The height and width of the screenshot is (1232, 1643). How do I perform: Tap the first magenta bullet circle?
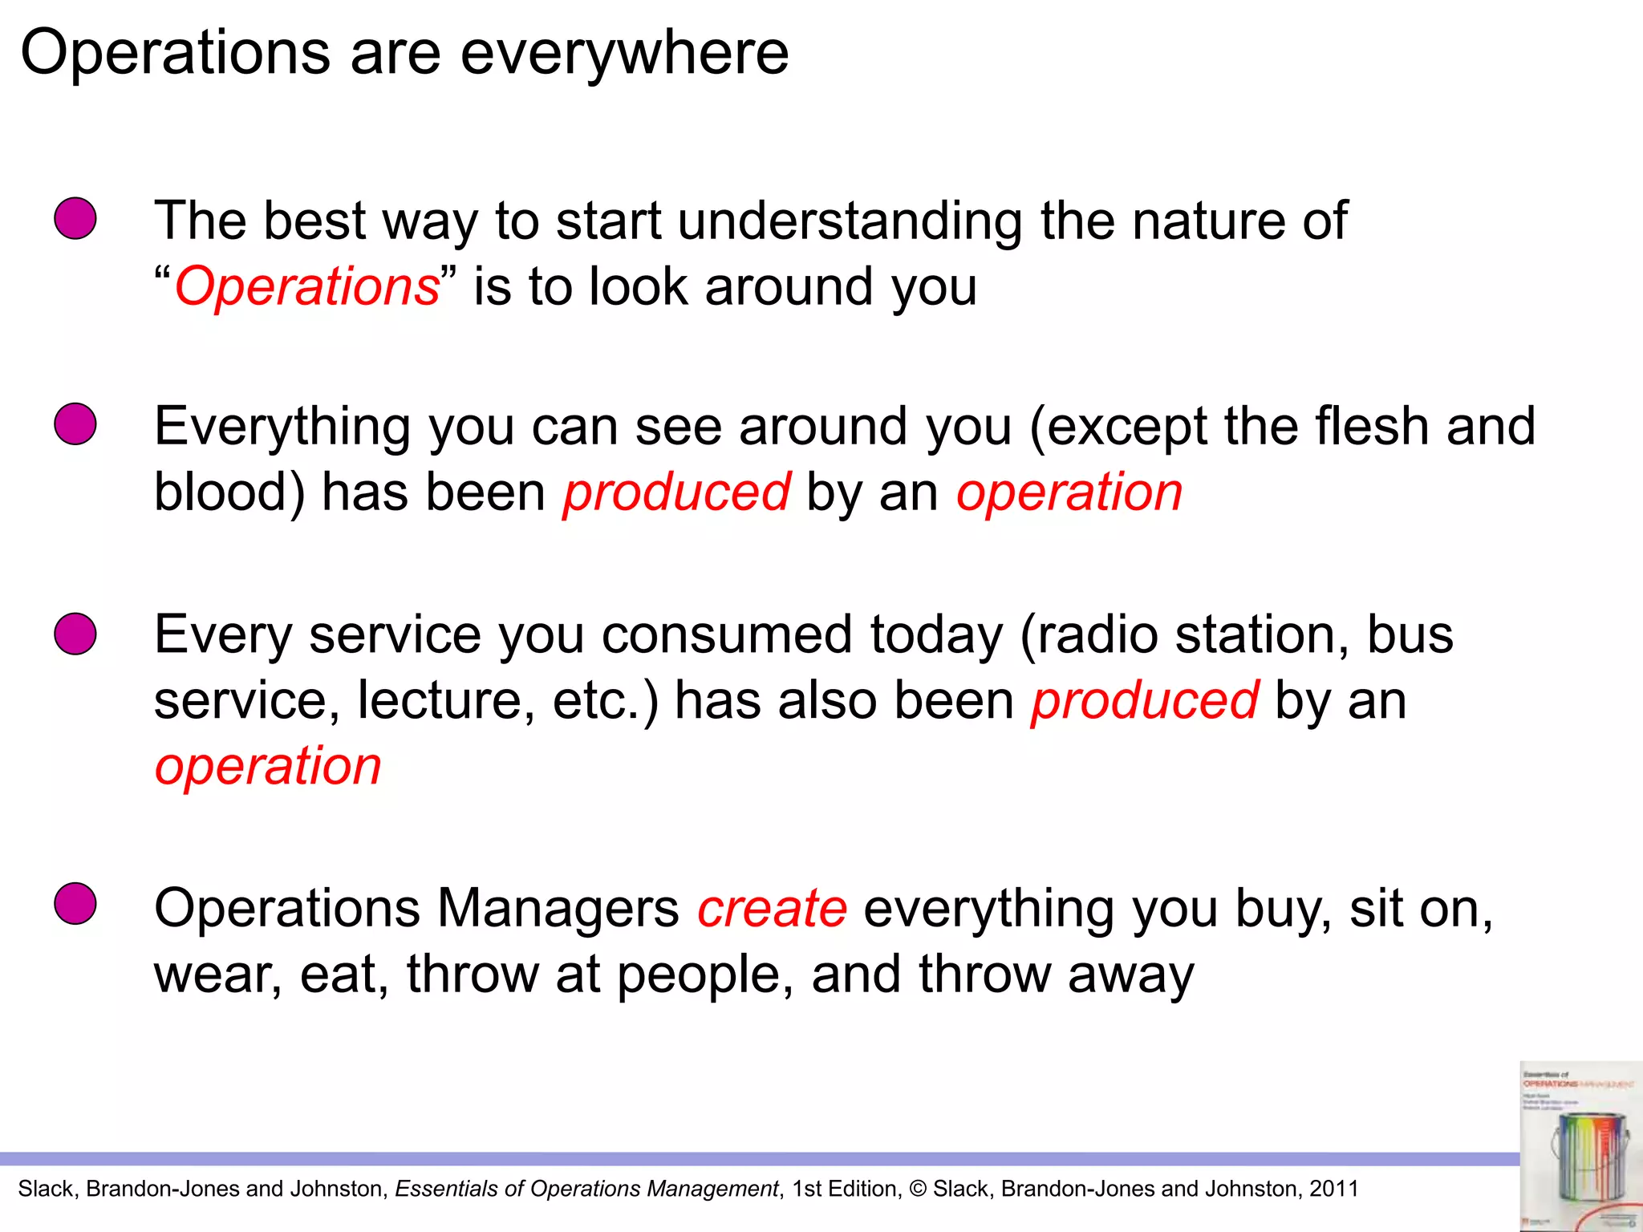point(75,218)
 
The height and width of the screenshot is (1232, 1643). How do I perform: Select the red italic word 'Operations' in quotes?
point(307,286)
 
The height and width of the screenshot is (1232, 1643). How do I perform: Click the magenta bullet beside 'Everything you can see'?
point(75,423)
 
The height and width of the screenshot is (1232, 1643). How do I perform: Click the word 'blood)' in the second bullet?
point(229,492)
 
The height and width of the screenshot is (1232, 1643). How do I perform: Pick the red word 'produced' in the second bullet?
point(676,492)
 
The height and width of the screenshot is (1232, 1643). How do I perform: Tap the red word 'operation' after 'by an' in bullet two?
point(1069,492)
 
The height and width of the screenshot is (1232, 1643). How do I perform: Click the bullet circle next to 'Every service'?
point(75,634)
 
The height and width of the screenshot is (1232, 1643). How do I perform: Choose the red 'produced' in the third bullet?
point(1145,700)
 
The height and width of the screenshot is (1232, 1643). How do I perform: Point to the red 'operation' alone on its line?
point(268,766)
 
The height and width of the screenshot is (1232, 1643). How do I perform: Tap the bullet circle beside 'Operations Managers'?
point(75,904)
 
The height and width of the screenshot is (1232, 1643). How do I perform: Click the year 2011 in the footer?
point(1333,1189)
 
